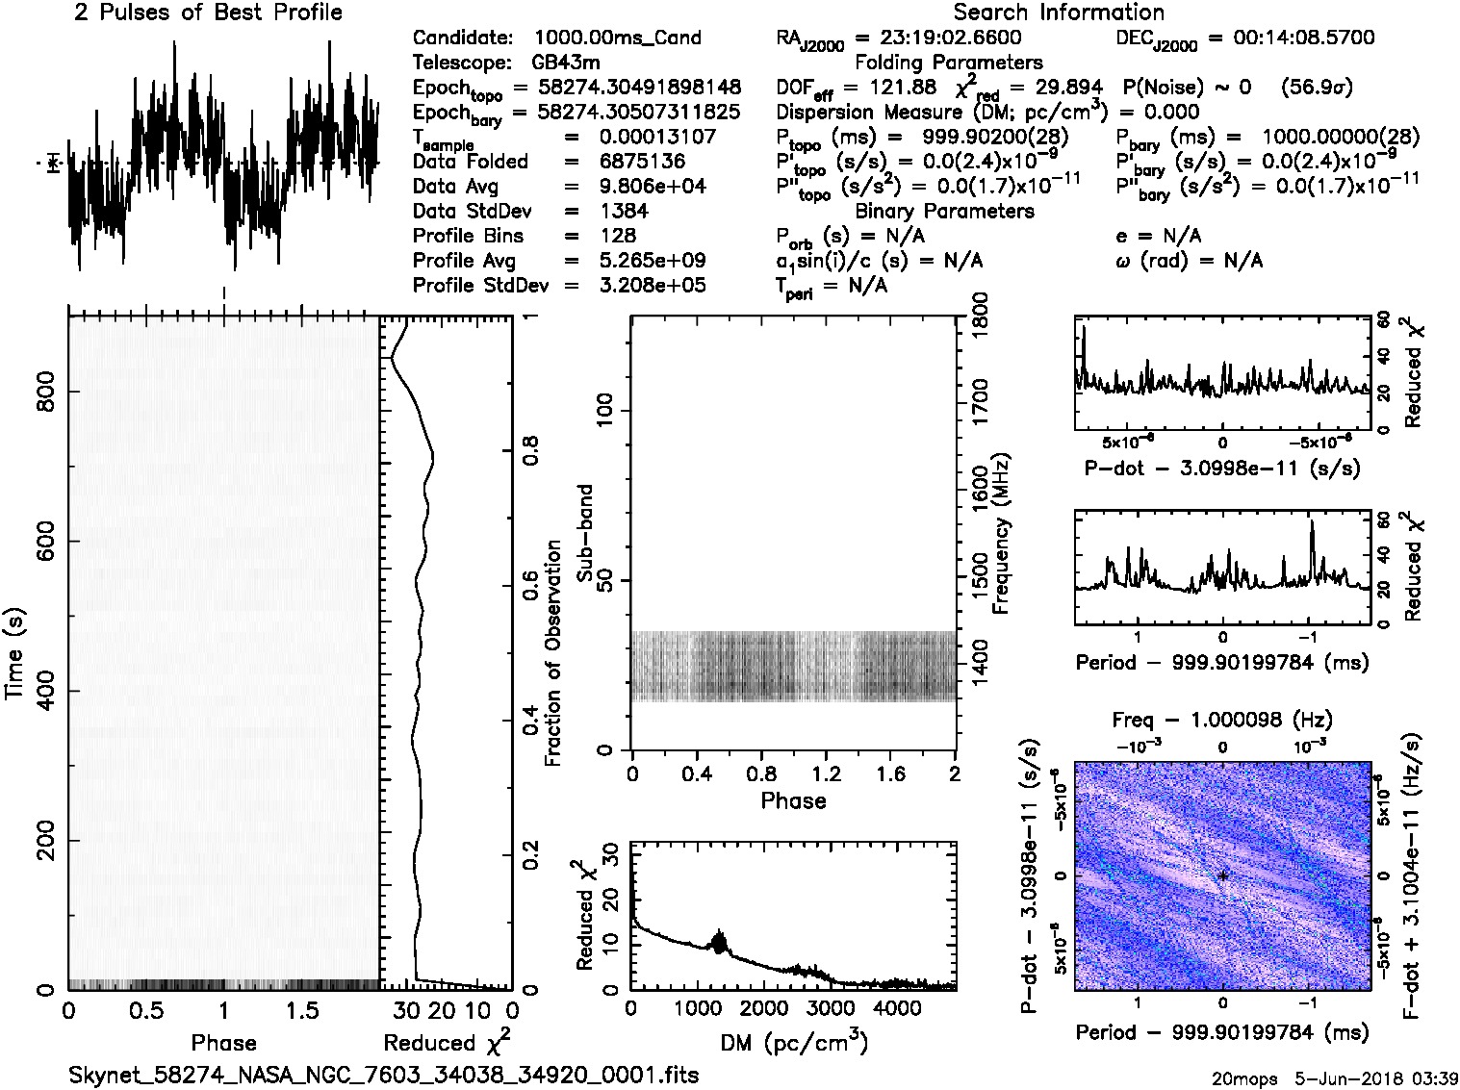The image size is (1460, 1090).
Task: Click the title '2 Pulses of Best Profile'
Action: coord(208,13)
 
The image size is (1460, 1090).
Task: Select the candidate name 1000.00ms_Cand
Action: coord(617,38)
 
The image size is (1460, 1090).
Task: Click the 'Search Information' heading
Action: coord(1058,13)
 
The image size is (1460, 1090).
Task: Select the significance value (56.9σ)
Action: coord(1317,87)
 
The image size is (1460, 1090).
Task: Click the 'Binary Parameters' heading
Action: coord(944,211)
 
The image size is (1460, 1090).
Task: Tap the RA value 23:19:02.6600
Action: coord(938,38)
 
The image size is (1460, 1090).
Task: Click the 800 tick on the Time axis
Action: coord(46,391)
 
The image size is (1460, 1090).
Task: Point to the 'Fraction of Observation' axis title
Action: coord(552,653)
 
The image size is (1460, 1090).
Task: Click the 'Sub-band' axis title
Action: coord(586,532)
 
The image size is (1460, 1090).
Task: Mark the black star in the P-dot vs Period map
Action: coord(1223,875)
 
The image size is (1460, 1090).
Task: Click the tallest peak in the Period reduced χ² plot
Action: coord(1311,522)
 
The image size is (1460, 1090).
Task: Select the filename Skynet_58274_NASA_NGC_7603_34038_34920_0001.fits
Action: coord(383,1075)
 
